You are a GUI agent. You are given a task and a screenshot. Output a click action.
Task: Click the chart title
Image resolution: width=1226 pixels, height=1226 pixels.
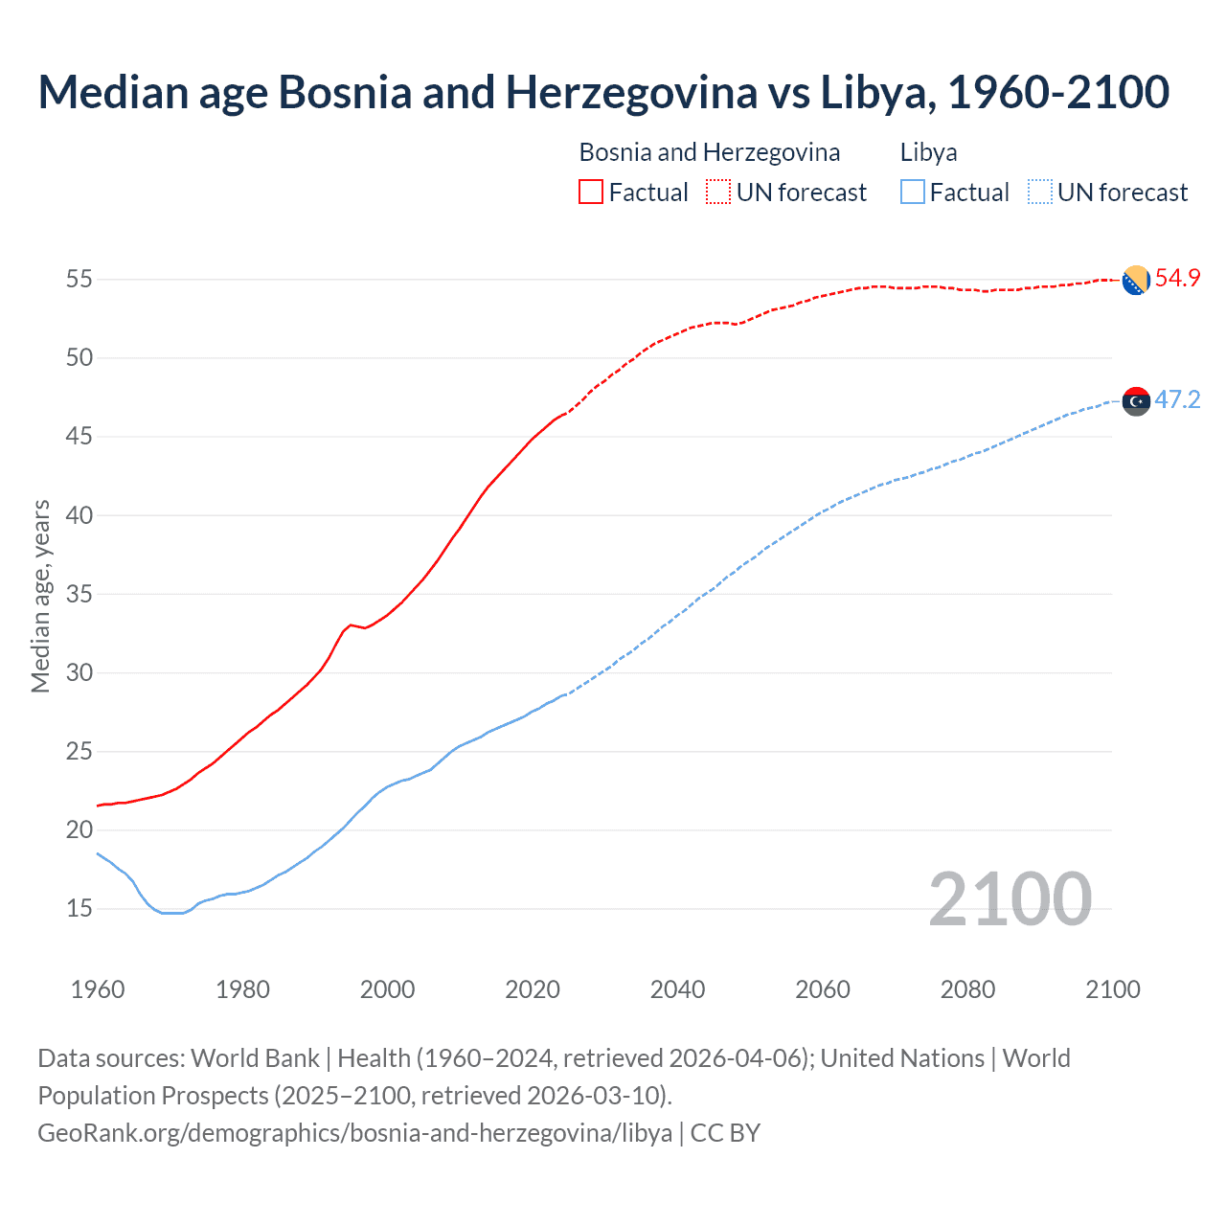coord(603,93)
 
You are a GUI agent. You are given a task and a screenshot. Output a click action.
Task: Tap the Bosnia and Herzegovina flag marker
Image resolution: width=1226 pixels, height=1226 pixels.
coord(1136,280)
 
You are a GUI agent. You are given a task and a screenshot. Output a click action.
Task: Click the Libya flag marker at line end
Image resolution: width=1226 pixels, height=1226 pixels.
coord(1136,401)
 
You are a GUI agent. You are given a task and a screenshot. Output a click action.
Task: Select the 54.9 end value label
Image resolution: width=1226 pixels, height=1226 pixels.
coord(1177,279)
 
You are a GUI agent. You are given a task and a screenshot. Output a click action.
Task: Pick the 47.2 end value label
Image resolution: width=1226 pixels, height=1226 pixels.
coord(1177,400)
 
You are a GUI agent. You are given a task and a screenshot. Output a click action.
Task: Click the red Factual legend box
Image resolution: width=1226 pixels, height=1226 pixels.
coord(591,193)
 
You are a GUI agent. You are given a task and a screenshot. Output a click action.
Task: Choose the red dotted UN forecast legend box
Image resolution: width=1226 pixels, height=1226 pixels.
coord(718,193)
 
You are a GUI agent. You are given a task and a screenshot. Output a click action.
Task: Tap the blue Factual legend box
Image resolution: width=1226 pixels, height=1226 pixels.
coord(913,193)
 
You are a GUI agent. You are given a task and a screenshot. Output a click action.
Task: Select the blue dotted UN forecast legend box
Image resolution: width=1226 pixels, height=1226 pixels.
coord(1039,193)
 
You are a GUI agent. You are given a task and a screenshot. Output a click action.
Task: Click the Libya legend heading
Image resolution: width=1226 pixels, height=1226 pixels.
coord(928,152)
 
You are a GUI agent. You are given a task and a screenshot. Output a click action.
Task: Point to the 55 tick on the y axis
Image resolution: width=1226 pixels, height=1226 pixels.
coord(79,280)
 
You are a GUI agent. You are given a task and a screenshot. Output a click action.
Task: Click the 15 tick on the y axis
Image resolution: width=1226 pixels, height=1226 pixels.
coord(79,908)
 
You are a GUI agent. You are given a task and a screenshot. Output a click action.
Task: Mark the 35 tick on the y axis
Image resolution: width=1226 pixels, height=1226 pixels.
coord(79,594)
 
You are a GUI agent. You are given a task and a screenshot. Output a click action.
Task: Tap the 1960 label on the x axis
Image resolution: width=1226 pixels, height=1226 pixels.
coord(98,989)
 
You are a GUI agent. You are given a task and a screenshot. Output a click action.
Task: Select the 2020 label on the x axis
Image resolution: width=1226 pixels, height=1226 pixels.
coord(533,989)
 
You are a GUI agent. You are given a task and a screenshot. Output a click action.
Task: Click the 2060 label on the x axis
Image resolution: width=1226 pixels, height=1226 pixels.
coord(823,989)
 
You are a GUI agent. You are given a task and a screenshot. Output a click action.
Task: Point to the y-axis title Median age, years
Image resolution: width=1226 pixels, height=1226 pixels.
coord(41,596)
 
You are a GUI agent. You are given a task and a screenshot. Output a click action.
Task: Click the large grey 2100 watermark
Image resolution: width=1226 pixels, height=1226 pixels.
coord(1010,899)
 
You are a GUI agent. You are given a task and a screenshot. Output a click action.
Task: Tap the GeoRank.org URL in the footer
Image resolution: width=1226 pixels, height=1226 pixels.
coord(354,1133)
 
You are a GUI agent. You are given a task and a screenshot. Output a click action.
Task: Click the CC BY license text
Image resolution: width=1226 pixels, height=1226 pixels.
coord(725,1133)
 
